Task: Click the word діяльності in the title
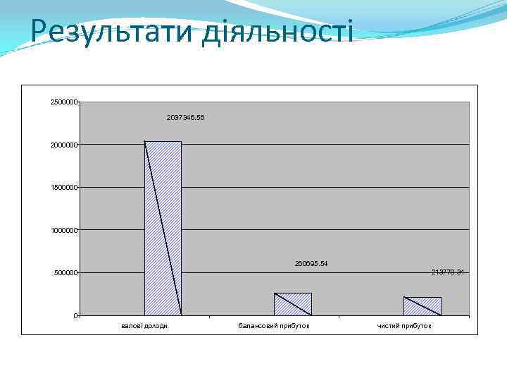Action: click(276, 32)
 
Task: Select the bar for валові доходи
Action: click(163, 228)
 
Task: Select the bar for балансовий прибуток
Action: click(292, 304)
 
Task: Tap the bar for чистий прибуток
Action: click(422, 306)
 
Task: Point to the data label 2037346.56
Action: click(186, 118)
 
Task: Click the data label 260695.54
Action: click(311, 263)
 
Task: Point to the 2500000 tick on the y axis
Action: click(64, 102)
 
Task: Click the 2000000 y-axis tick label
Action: click(64, 145)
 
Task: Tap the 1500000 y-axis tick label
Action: click(64, 188)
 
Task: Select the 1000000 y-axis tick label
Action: click(64, 230)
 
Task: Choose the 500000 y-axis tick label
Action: click(66, 273)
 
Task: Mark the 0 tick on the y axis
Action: click(75, 315)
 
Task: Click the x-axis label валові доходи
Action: click(144, 325)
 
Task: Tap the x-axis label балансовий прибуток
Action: click(274, 325)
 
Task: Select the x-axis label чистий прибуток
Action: click(404, 325)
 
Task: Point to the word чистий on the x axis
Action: click(388, 325)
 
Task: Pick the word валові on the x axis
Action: click(131, 325)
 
